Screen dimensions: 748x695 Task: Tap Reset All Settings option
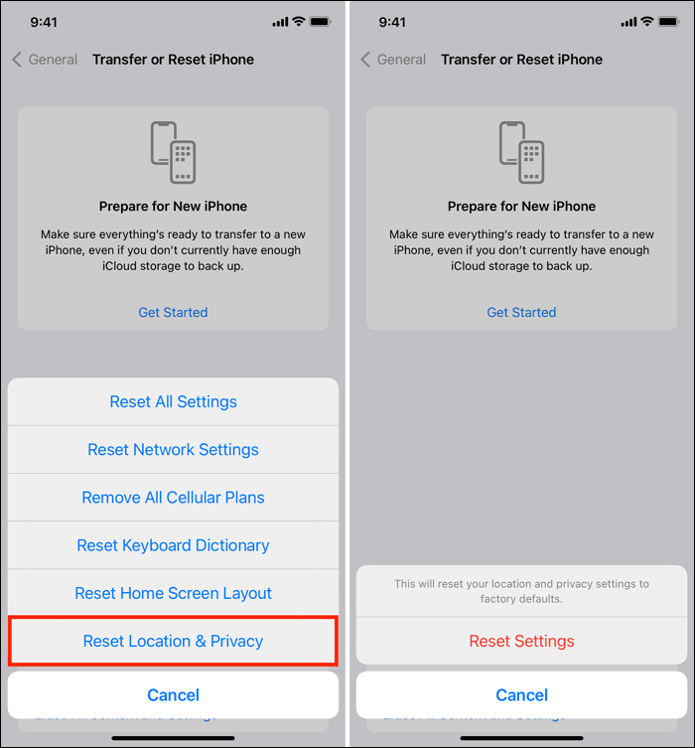173,402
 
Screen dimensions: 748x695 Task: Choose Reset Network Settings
173,450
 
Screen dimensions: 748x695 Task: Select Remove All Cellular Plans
173,498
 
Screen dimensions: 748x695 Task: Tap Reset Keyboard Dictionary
173,545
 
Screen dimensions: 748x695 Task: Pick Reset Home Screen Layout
173,593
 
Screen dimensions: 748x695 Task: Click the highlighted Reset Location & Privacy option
173,641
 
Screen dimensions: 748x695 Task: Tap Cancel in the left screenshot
173,695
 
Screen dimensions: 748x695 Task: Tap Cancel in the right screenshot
521,695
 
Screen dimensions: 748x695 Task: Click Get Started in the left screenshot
173,312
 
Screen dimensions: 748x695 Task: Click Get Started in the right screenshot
521,312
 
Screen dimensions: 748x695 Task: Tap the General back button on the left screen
45,60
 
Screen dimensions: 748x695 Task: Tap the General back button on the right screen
393,60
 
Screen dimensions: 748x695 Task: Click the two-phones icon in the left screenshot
173,152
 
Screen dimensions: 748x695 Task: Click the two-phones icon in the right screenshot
521,152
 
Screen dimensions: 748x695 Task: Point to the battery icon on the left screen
320,21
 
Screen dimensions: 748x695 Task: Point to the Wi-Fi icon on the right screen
646,21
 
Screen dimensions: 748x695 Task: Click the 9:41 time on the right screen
392,21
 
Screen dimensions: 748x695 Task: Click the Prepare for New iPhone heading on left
173,207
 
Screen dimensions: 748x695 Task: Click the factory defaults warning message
521,591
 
